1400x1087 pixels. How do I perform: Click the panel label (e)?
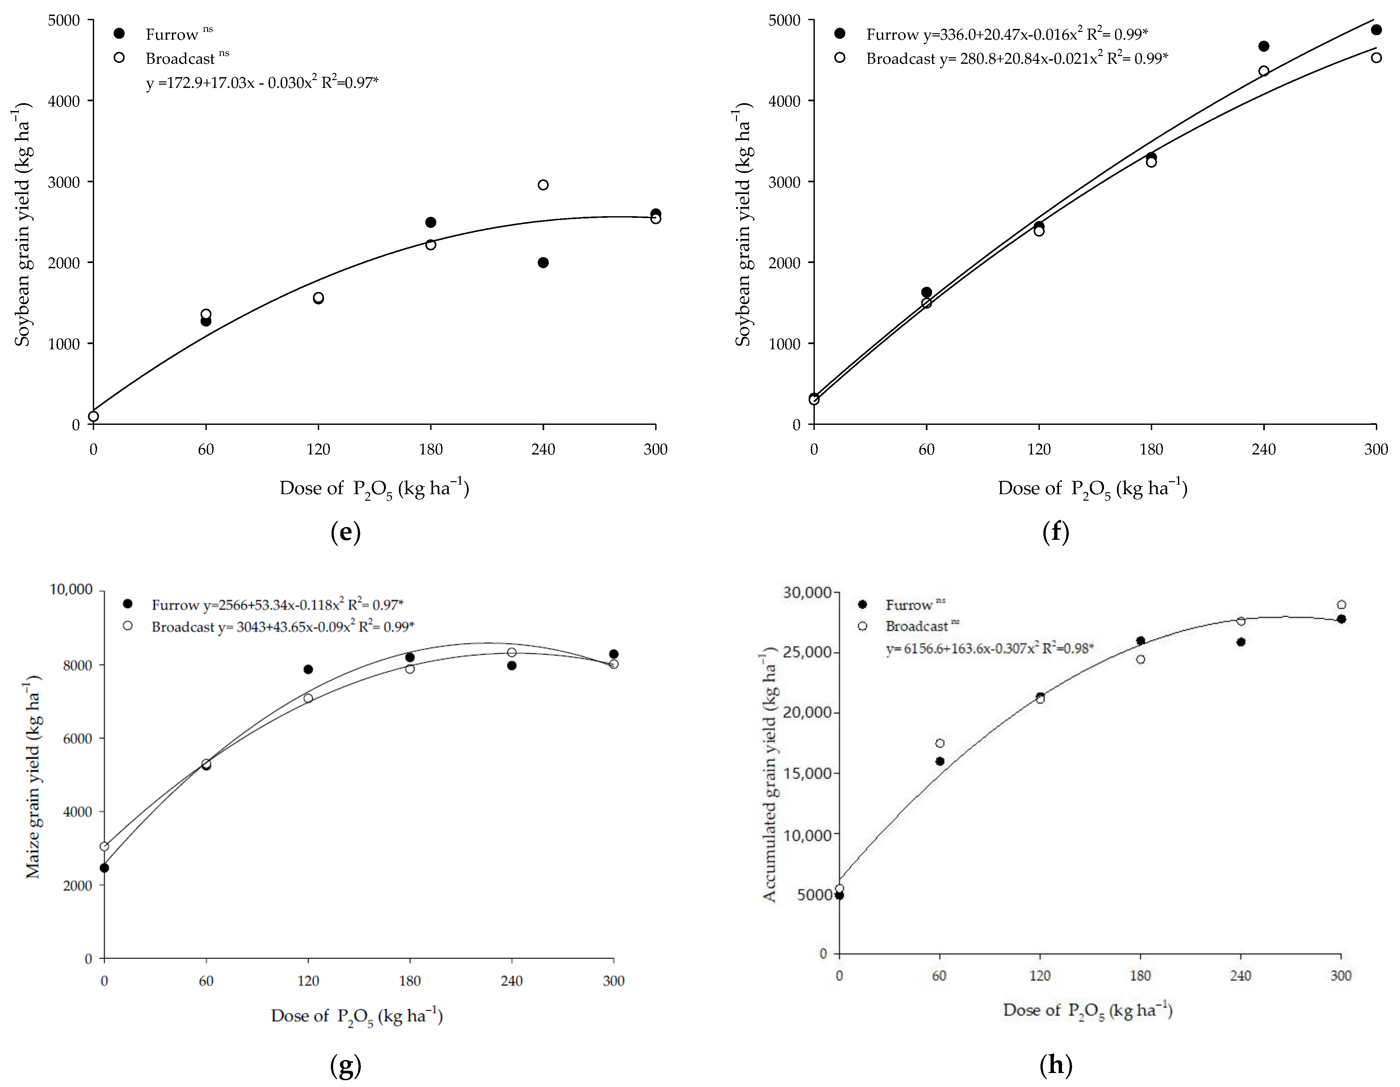(x=346, y=532)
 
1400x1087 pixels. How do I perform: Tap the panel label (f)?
(x=1055, y=532)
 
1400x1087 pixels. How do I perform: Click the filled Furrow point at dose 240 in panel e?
(x=543, y=263)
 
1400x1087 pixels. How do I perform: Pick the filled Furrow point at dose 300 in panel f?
(x=1376, y=30)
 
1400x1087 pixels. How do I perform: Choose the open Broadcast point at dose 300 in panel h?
(x=1341, y=605)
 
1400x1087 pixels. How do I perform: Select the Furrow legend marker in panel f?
(x=840, y=33)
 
